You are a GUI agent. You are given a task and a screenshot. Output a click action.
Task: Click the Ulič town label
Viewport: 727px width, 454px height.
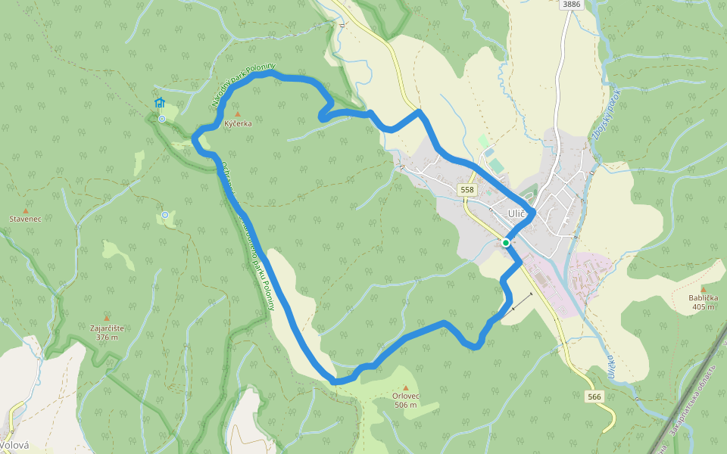517,213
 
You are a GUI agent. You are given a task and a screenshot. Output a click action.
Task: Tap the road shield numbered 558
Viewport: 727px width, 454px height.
466,190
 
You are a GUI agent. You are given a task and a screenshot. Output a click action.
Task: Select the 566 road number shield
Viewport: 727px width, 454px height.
594,396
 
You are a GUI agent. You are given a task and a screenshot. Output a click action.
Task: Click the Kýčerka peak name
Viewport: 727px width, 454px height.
238,123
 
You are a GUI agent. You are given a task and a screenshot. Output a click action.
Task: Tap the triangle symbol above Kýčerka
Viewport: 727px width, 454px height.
237,113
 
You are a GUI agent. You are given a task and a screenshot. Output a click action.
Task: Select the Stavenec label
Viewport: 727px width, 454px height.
25,219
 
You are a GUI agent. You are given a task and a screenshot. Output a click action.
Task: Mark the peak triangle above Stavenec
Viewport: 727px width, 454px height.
25,210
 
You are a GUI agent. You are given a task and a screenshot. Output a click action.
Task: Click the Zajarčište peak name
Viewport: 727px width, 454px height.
107,328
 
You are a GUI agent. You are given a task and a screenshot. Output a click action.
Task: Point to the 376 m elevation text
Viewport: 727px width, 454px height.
107,337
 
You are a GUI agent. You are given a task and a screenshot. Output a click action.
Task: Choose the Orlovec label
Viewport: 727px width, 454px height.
406,396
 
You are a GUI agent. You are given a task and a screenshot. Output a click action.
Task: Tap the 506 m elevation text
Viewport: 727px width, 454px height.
406,406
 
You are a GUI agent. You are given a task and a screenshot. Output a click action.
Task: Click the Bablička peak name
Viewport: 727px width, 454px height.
703,298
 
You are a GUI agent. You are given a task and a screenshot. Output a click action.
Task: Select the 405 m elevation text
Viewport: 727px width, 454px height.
703,307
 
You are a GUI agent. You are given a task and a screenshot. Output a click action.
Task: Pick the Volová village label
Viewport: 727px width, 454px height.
14,446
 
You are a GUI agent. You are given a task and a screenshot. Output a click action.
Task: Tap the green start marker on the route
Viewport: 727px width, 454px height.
505,243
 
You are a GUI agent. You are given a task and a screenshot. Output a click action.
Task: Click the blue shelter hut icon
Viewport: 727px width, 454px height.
159,103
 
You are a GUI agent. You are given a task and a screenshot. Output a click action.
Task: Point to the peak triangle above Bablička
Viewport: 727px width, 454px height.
703,289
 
